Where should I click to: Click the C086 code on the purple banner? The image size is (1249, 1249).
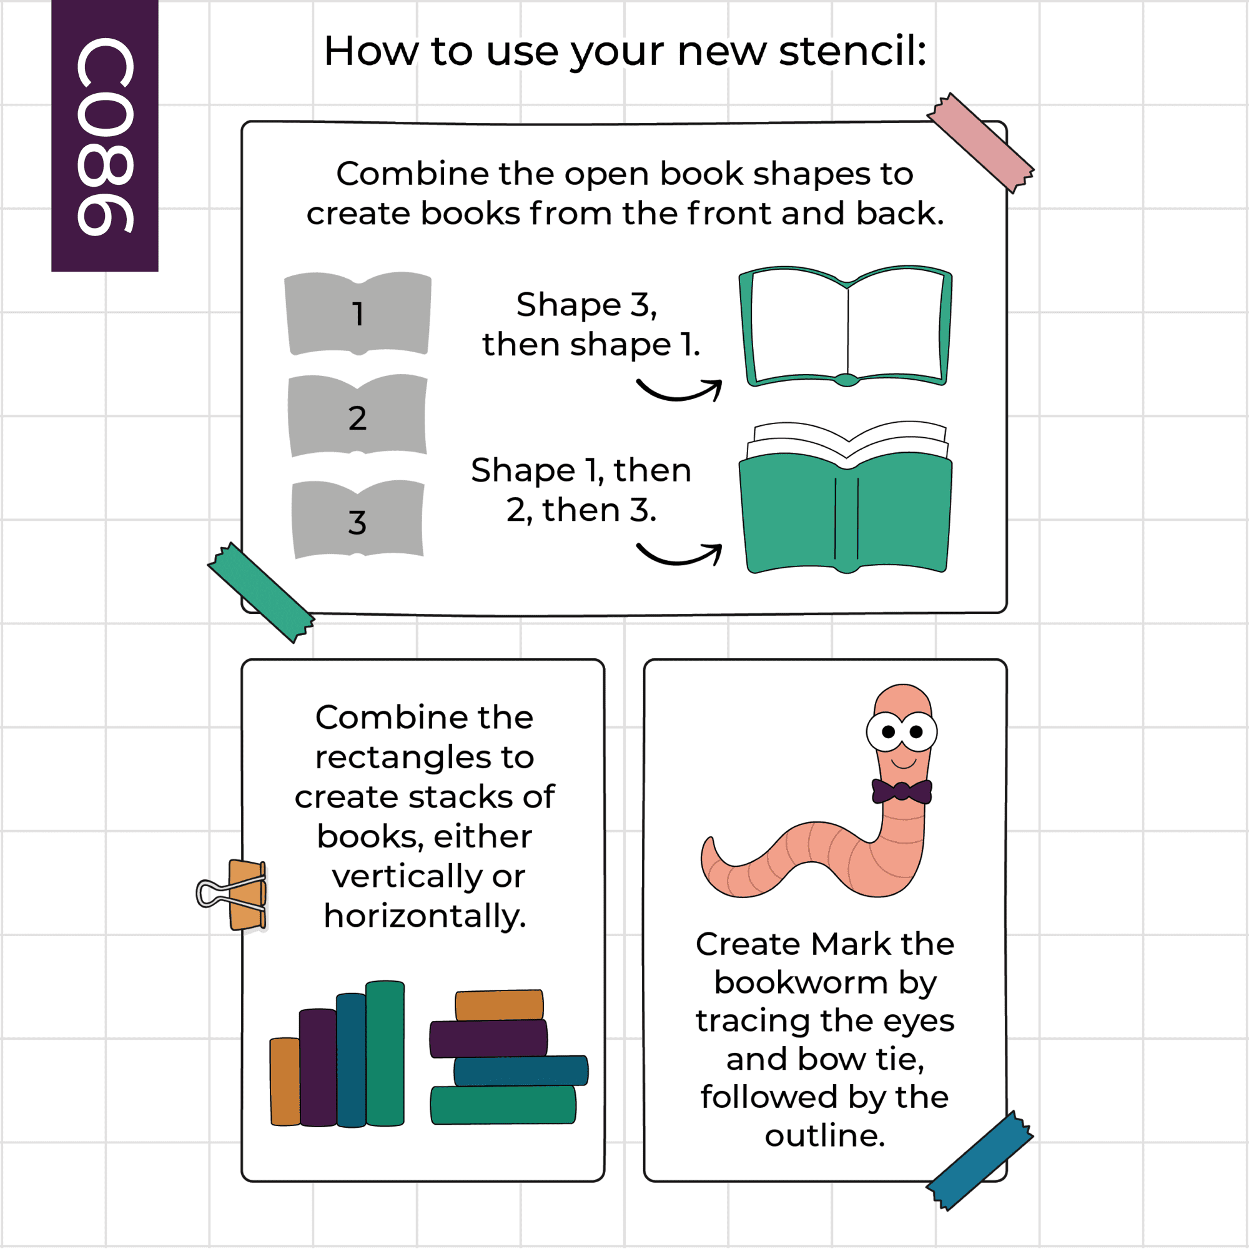point(105,136)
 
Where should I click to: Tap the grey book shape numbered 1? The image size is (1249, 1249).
point(357,314)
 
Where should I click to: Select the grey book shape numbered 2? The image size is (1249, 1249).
point(357,417)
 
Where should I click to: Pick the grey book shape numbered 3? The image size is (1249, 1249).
point(357,520)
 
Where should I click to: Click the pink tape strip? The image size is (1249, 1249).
point(980,143)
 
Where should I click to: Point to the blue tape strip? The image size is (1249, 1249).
point(980,1160)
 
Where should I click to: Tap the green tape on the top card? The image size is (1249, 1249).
point(261,593)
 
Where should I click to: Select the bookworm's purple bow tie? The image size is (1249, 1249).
point(902,791)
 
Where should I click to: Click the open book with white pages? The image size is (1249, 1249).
point(846,327)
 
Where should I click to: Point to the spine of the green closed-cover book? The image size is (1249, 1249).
point(846,519)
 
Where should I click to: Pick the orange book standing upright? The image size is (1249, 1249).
point(285,1082)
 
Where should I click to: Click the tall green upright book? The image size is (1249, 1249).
point(385,1054)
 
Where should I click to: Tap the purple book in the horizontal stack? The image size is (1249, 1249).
point(489,1039)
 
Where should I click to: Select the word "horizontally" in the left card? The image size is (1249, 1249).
point(425,916)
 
